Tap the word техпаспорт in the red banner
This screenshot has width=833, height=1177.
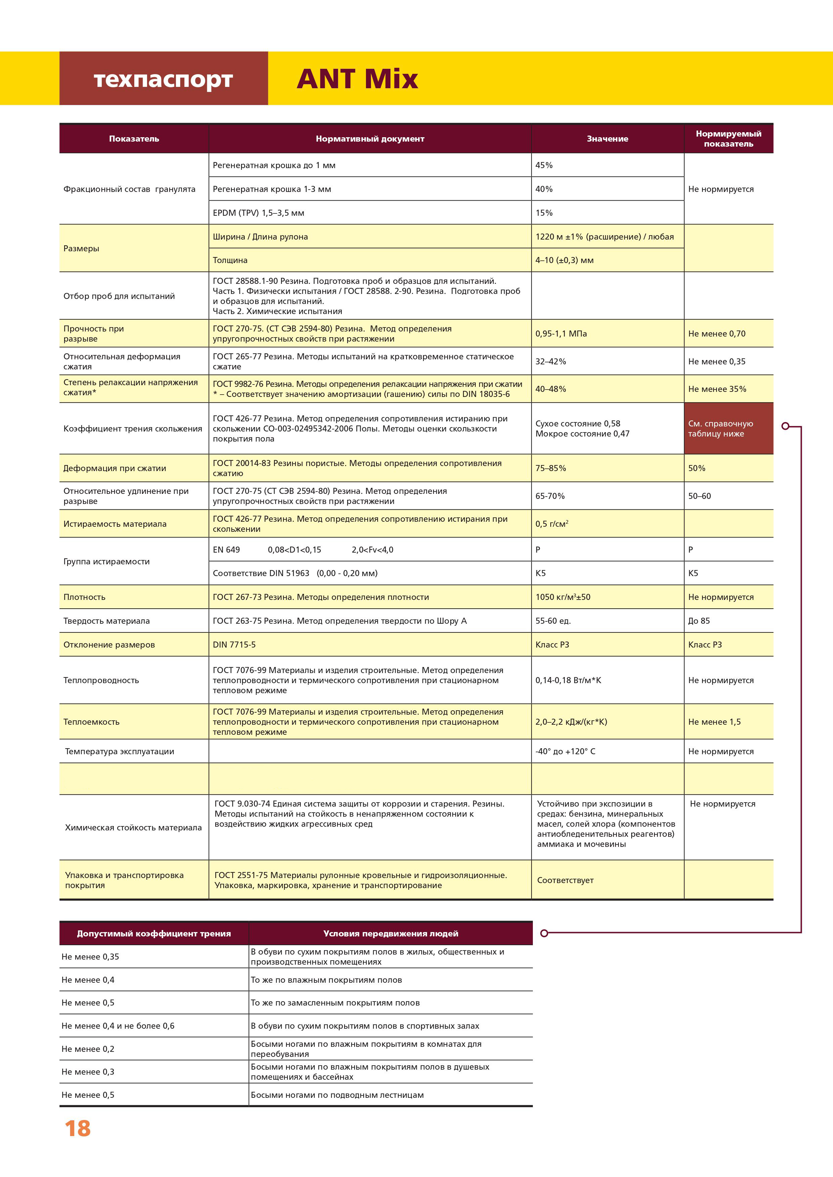[163, 80]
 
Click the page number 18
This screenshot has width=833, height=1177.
[78, 1128]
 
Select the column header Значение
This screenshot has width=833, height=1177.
[607, 139]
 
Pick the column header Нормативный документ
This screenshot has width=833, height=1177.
[370, 139]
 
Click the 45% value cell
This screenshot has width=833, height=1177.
[544, 165]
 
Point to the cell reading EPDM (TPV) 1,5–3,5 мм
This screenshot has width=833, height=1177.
[259, 213]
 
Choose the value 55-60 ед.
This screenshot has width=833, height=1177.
[553, 621]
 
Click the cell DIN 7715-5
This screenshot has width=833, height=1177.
[234, 645]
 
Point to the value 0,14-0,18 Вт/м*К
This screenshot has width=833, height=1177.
[568, 680]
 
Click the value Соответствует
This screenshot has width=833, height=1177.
[565, 880]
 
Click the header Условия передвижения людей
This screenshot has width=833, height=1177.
[391, 933]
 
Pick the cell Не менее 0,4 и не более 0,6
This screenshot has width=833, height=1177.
[118, 1026]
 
